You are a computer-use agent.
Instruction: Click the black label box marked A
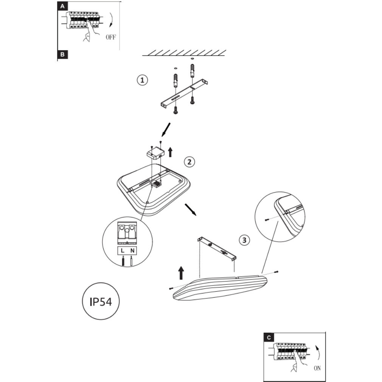coord(62,6)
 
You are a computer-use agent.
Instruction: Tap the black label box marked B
coord(62,54)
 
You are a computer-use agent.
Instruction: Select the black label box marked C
coord(269,337)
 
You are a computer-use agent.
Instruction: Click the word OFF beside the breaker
coord(110,37)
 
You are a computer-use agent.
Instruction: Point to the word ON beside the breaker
coord(317,368)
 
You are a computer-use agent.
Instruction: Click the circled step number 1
coord(142,80)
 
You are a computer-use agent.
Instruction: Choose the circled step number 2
coord(189,162)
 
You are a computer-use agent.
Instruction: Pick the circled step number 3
coord(244,240)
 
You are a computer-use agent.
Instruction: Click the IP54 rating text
coord(101,301)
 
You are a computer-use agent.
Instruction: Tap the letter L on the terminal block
coord(123,251)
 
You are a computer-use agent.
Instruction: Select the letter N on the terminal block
coord(132,251)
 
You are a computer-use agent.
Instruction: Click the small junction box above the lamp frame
coord(155,153)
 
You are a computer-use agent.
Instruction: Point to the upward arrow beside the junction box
coord(170,152)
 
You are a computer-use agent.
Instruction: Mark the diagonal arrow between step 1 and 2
coord(166,130)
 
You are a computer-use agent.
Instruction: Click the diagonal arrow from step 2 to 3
coord(191,210)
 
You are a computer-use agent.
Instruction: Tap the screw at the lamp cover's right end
coord(277,272)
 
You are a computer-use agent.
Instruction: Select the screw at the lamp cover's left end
coord(171,289)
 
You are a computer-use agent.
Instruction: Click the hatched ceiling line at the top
coord(184,53)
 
